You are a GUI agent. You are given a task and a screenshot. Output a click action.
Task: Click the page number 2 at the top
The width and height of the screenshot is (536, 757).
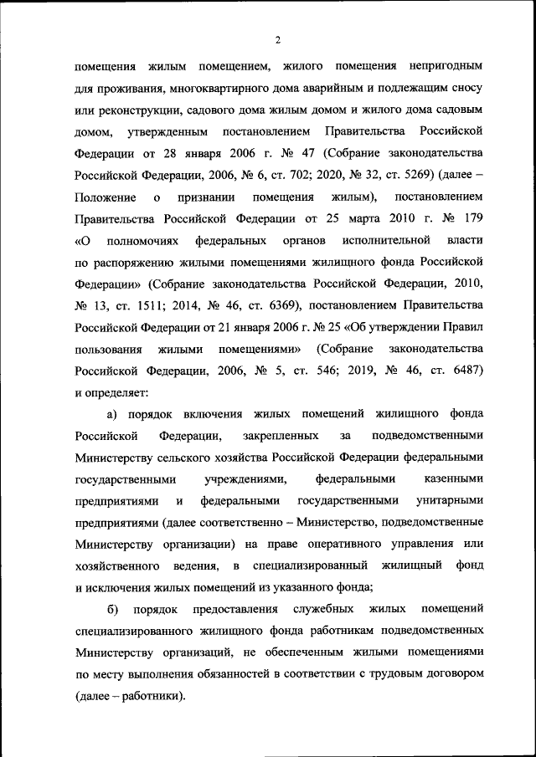pos(276,39)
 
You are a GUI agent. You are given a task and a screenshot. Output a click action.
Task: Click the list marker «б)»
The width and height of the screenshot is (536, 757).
pos(111,608)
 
